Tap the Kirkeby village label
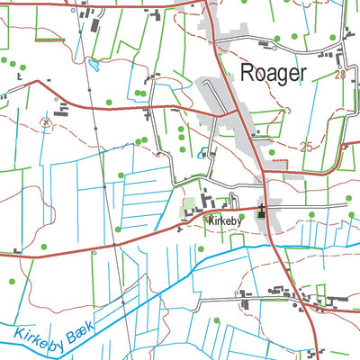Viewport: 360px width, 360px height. [221, 219]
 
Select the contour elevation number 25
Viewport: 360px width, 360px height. [306, 146]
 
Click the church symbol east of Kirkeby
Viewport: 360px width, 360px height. [262, 211]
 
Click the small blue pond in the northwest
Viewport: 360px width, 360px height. [93, 65]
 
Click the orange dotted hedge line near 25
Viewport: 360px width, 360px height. [281, 162]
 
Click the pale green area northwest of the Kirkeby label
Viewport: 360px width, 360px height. [190, 212]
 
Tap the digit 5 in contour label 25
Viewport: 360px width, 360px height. [310, 146]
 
